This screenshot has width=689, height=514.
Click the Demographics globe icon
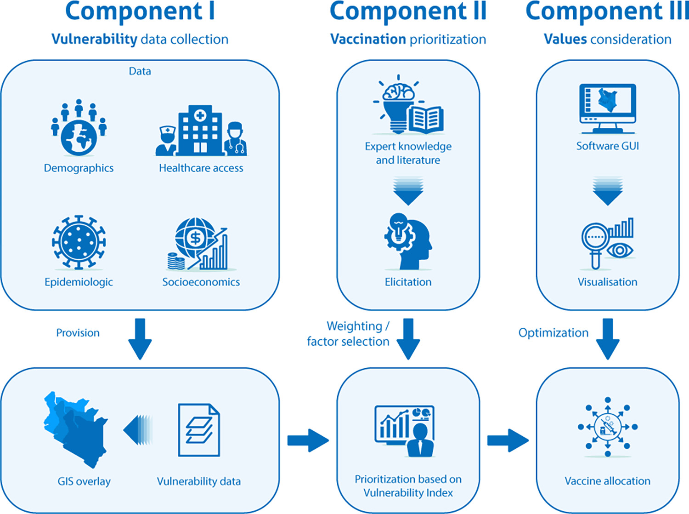(x=79, y=137)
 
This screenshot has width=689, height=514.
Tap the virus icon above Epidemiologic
(x=79, y=242)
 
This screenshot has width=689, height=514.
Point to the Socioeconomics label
(x=201, y=282)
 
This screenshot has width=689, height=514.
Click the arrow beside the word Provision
(x=140, y=338)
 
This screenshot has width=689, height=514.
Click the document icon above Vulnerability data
(x=199, y=430)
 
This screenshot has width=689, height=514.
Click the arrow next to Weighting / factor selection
(x=408, y=338)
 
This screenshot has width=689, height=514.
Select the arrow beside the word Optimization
(x=607, y=338)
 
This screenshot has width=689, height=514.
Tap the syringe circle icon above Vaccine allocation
(x=607, y=427)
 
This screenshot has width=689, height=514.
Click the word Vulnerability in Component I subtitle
(x=94, y=40)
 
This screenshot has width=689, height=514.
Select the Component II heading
(x=408, y=11)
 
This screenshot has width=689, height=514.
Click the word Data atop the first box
(x=140, y=71)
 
